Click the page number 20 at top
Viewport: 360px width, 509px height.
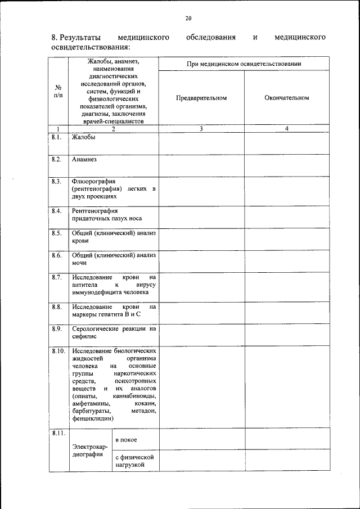tap(188, 19)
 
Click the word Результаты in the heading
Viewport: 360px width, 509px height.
tap(82, 38)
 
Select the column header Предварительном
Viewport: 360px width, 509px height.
tap(201, 98)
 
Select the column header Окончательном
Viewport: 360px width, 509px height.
tap(286, 98)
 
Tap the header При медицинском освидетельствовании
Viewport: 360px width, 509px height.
tap(244, 64)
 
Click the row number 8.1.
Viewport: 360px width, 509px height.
tap(56, 137)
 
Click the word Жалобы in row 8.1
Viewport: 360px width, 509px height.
tap(84, 137)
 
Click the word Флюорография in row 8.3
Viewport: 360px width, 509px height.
tap(94, 182)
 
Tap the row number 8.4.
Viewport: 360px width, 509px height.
tap(56, 211)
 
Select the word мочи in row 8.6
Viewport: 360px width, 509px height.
tap(79, 263)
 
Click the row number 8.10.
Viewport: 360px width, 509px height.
tap(58, 351)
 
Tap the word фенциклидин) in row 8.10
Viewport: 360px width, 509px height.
tap(93, 418)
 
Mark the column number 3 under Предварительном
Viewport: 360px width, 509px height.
tap(201, 129)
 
